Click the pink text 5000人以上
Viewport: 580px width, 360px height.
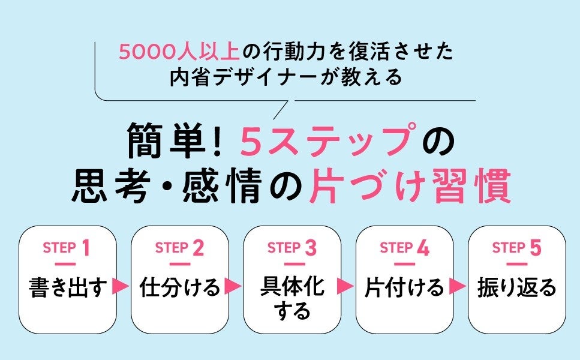click(179, 53)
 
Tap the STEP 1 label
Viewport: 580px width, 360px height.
click(67, 248)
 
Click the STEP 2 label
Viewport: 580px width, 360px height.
click(179, 248)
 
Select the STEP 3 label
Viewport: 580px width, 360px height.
click(291, 248)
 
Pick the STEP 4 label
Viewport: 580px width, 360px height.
click(404, 248)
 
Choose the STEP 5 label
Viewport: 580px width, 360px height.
click(516, 248)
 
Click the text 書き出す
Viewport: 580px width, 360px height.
click(68, 287)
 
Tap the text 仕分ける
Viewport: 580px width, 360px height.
click(180, 287)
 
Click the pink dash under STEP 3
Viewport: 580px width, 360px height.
click(292, 264)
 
